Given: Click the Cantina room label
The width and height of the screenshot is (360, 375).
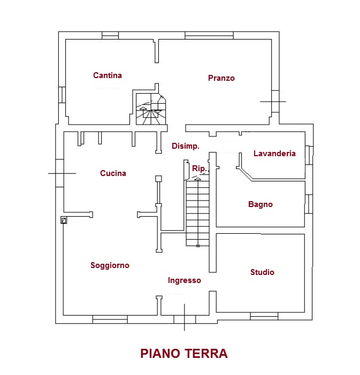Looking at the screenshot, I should [108, 75].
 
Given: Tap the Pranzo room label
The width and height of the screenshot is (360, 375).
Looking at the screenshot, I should [221, 78].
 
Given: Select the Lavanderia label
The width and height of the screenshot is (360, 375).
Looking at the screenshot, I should [274, 154].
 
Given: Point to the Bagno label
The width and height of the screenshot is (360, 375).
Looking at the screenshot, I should [261, 204].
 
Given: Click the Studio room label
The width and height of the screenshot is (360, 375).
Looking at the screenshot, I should [262, 272].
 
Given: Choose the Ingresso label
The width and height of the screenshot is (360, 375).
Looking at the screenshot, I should [184, 280].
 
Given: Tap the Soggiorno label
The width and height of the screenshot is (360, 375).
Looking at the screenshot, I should [110, 265].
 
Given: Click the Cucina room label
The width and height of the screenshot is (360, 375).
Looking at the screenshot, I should [113, 173].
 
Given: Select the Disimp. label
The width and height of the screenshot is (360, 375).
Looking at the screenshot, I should [186, 146].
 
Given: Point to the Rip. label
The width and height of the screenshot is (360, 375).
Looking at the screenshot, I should [199, 169].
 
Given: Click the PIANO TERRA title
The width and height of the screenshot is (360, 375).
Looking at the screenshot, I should [183, 354].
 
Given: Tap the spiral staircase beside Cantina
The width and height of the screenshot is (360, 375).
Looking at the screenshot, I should [150, 109].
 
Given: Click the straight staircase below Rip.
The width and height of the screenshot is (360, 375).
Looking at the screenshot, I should [197, 213].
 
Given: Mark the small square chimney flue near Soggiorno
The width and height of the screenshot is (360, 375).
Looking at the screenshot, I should [64, 220].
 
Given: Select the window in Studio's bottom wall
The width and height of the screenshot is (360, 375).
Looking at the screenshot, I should [264, 317].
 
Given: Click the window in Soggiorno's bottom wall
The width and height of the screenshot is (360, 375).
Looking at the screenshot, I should [110, 320].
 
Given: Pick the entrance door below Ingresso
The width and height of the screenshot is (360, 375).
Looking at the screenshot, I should [185, 319].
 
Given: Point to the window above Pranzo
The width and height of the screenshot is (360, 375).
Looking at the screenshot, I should [209, 36].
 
